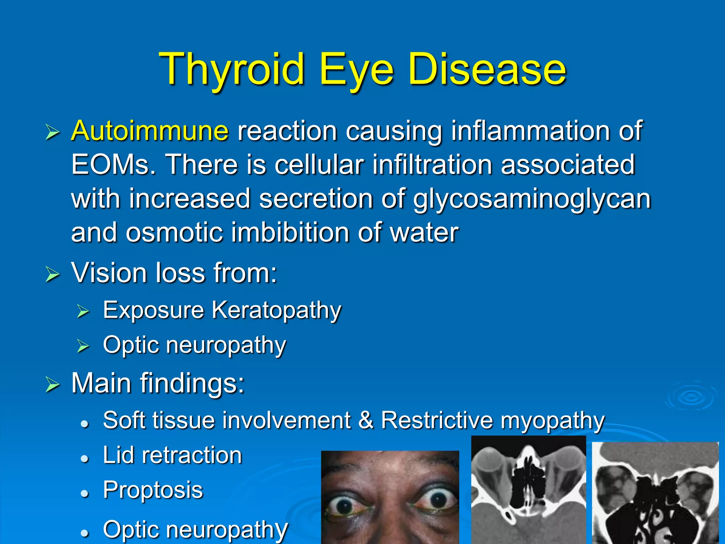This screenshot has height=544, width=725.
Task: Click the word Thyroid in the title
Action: click(x=232, y=69)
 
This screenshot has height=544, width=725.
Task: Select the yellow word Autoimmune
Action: click(x=150, y=131)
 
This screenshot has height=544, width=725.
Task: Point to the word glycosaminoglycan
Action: click(x=532, y=199)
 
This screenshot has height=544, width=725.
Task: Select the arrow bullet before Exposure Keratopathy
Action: click(x=84, y=311)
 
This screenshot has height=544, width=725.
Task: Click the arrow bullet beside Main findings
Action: click(x=52, y=385)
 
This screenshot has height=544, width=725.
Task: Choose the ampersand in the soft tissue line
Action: click(x=366, y=420)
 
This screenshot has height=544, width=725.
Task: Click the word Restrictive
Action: click(x=437, y=420)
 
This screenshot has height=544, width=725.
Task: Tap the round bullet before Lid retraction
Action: click(x=84, y=459)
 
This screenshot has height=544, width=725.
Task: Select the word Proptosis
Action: click(x=153, y=490)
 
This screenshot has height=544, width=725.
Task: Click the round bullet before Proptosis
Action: click(x=84, y=493)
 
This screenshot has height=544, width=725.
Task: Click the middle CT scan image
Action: click(x=529, y=490)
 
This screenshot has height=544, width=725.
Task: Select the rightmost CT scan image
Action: click(x=655, y=493)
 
